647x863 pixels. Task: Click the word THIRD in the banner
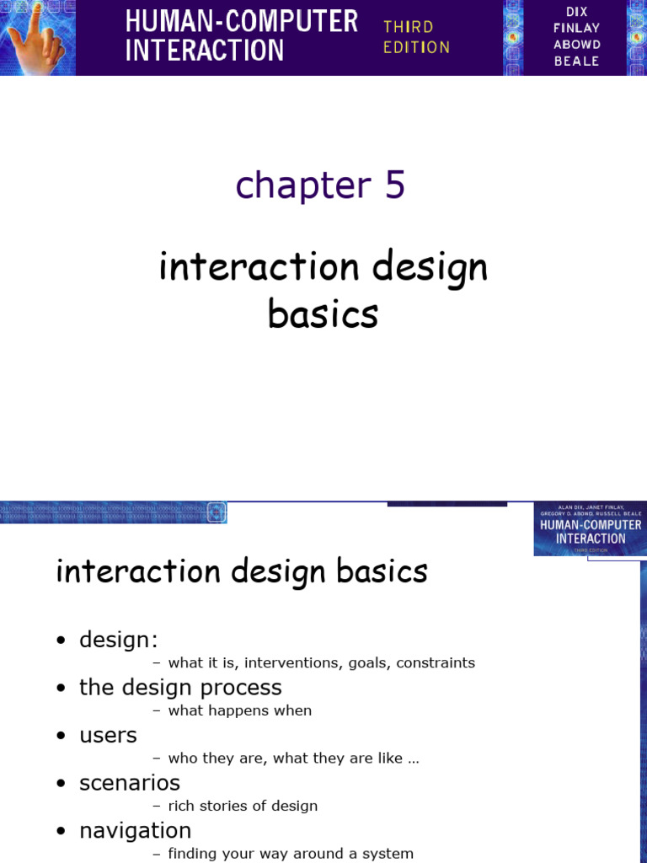[409, 27]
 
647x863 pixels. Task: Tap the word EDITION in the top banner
[416, 47]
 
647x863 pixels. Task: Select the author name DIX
[577, 12]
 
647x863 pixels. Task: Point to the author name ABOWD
[577, 45]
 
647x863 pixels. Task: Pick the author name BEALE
[577, 61]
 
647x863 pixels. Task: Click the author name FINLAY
[577, 28]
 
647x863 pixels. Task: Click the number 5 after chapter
[395, 185]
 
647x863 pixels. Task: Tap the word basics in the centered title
[323, 314]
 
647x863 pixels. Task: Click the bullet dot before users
[61, 737]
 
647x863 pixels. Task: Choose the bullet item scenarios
[130, 783]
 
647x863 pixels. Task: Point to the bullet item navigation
[135, 831]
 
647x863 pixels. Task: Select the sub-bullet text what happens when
[239, 710]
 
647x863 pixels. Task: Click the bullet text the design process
[180, 687]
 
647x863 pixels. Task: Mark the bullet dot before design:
[61, 641]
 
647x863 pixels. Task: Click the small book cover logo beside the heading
[590, 529]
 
